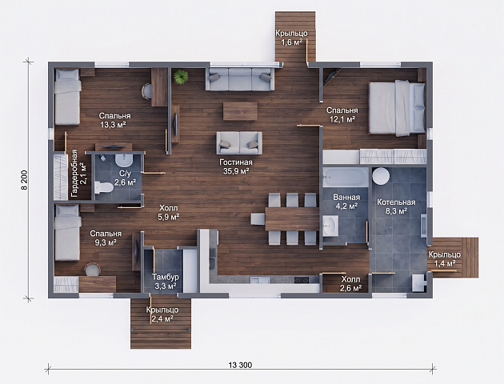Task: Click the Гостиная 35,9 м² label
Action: [236, 166]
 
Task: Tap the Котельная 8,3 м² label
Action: [396, 206]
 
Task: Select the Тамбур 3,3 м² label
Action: [166, 281]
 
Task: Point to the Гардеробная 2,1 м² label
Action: [78, 174]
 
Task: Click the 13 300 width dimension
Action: [241, 365]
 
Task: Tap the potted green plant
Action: [181, 77]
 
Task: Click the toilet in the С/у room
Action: [104, 187]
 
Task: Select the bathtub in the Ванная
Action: [346, 177]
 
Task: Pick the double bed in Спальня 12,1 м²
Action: [397, 108]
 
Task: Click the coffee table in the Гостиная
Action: [240, 111]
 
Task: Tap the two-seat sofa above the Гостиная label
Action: [239, 143]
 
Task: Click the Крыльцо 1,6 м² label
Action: [291, 38]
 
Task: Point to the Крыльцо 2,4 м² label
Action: [162, 314]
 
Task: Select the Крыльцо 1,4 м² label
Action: [445, 258]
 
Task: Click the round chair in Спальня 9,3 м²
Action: [93, 270]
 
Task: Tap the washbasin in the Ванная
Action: [330, 226]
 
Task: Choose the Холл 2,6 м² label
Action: [350, 283]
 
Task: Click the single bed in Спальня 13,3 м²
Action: [67, 97]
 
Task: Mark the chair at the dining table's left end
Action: [258, 219]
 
